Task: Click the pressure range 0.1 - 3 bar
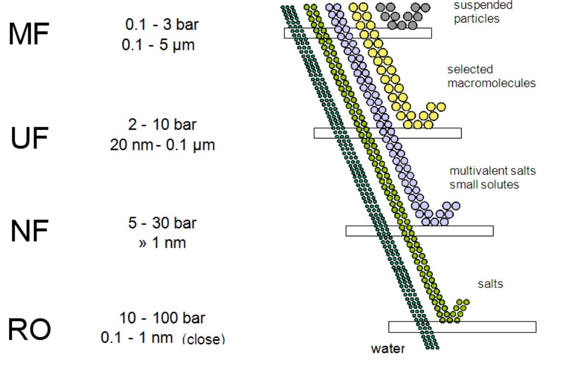(x=158, y=25)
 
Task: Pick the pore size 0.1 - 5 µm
(x=158, y=45)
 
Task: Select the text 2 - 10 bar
(x=162, y=125)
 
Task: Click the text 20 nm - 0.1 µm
(x=162, y=145)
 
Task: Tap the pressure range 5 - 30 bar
(x=162, y=223)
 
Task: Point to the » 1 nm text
(x=162, y=243)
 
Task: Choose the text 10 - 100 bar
(x=162, y=318)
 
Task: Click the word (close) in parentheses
(x=203, y=339)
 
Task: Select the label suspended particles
(x=476, y=12)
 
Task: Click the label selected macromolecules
(x=491, y=76)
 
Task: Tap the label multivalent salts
(x=492, y=171)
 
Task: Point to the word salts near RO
(x=490, y=284)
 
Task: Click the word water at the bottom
(x=387, y=349)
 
